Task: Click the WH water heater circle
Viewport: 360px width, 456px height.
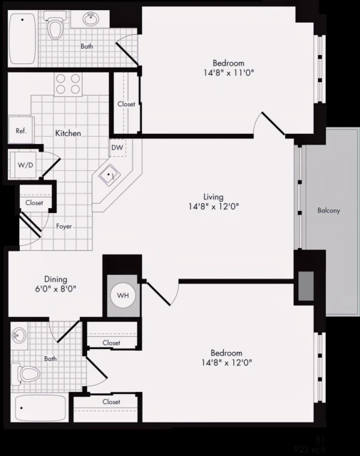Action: click(120, 295)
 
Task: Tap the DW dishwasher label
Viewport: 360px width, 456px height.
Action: click(118, 149)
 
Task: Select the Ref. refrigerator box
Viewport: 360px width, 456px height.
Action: click(21, 131)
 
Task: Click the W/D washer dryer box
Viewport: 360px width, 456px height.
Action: click(24, 165)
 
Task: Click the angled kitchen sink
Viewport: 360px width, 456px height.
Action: click(110, 175)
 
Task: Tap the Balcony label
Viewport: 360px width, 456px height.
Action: click(329, 211)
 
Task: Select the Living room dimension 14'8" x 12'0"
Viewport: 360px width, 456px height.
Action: click(213, 207)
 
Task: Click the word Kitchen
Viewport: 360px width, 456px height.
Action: click(68, 133)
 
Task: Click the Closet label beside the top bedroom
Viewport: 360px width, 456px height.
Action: click(126, 105)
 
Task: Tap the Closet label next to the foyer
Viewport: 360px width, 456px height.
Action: click(34, 203)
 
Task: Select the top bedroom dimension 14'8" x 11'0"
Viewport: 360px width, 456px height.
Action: click(227, 73)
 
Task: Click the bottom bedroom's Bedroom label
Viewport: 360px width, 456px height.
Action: click(226, 353)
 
